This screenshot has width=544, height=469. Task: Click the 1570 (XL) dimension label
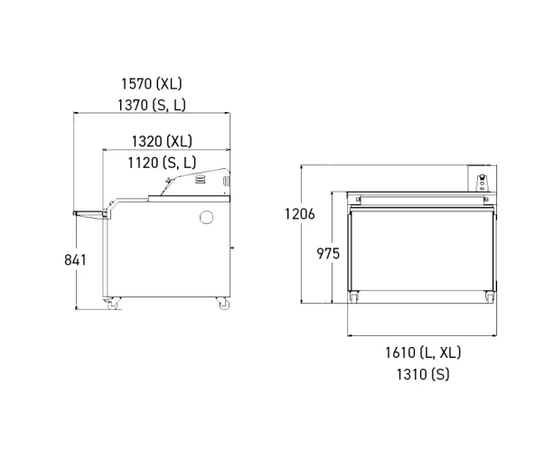click(151, 84)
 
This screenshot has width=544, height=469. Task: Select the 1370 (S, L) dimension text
click(152, 105)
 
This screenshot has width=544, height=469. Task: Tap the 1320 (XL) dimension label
click(162, 141)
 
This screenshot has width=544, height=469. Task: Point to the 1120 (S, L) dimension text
click(162, 163)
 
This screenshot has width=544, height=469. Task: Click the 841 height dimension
click(75, 260)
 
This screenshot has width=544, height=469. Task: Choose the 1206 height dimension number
click(300, 214)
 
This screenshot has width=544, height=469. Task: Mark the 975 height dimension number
click(328, 254)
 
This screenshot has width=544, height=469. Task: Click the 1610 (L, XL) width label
click(423, 352)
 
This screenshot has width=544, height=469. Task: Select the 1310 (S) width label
click(423, 374)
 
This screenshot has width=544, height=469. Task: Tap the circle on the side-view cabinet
click(206, 217)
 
